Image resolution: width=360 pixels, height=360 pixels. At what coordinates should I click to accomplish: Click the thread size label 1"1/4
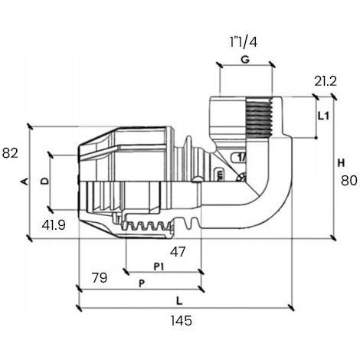pyautogui.click(x=244, y=42)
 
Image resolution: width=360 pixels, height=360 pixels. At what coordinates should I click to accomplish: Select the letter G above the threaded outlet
pyautogui.click(x=245, y=60)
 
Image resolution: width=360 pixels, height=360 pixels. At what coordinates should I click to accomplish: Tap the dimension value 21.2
pyautogui.click(x=326, y=81)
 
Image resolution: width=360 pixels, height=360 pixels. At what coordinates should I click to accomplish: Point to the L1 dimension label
pyautogui.click(x=324, y=116)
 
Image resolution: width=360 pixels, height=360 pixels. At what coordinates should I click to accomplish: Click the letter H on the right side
pyautogui.click(x=341, y=162)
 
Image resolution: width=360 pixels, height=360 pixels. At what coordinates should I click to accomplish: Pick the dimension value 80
pyautogui.click(x=349, y=181)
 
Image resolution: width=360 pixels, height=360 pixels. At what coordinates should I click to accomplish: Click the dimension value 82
pyautogui.click(x=10, y=153)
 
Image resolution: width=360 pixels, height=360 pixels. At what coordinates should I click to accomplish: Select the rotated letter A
pyautogui.click(x=25, y=182)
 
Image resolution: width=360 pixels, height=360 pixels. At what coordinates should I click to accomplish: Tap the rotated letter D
pyautogui.click(x=45, y=181)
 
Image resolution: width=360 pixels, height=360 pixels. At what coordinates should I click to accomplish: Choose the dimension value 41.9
pyautogui.click(x=54, y=225)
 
